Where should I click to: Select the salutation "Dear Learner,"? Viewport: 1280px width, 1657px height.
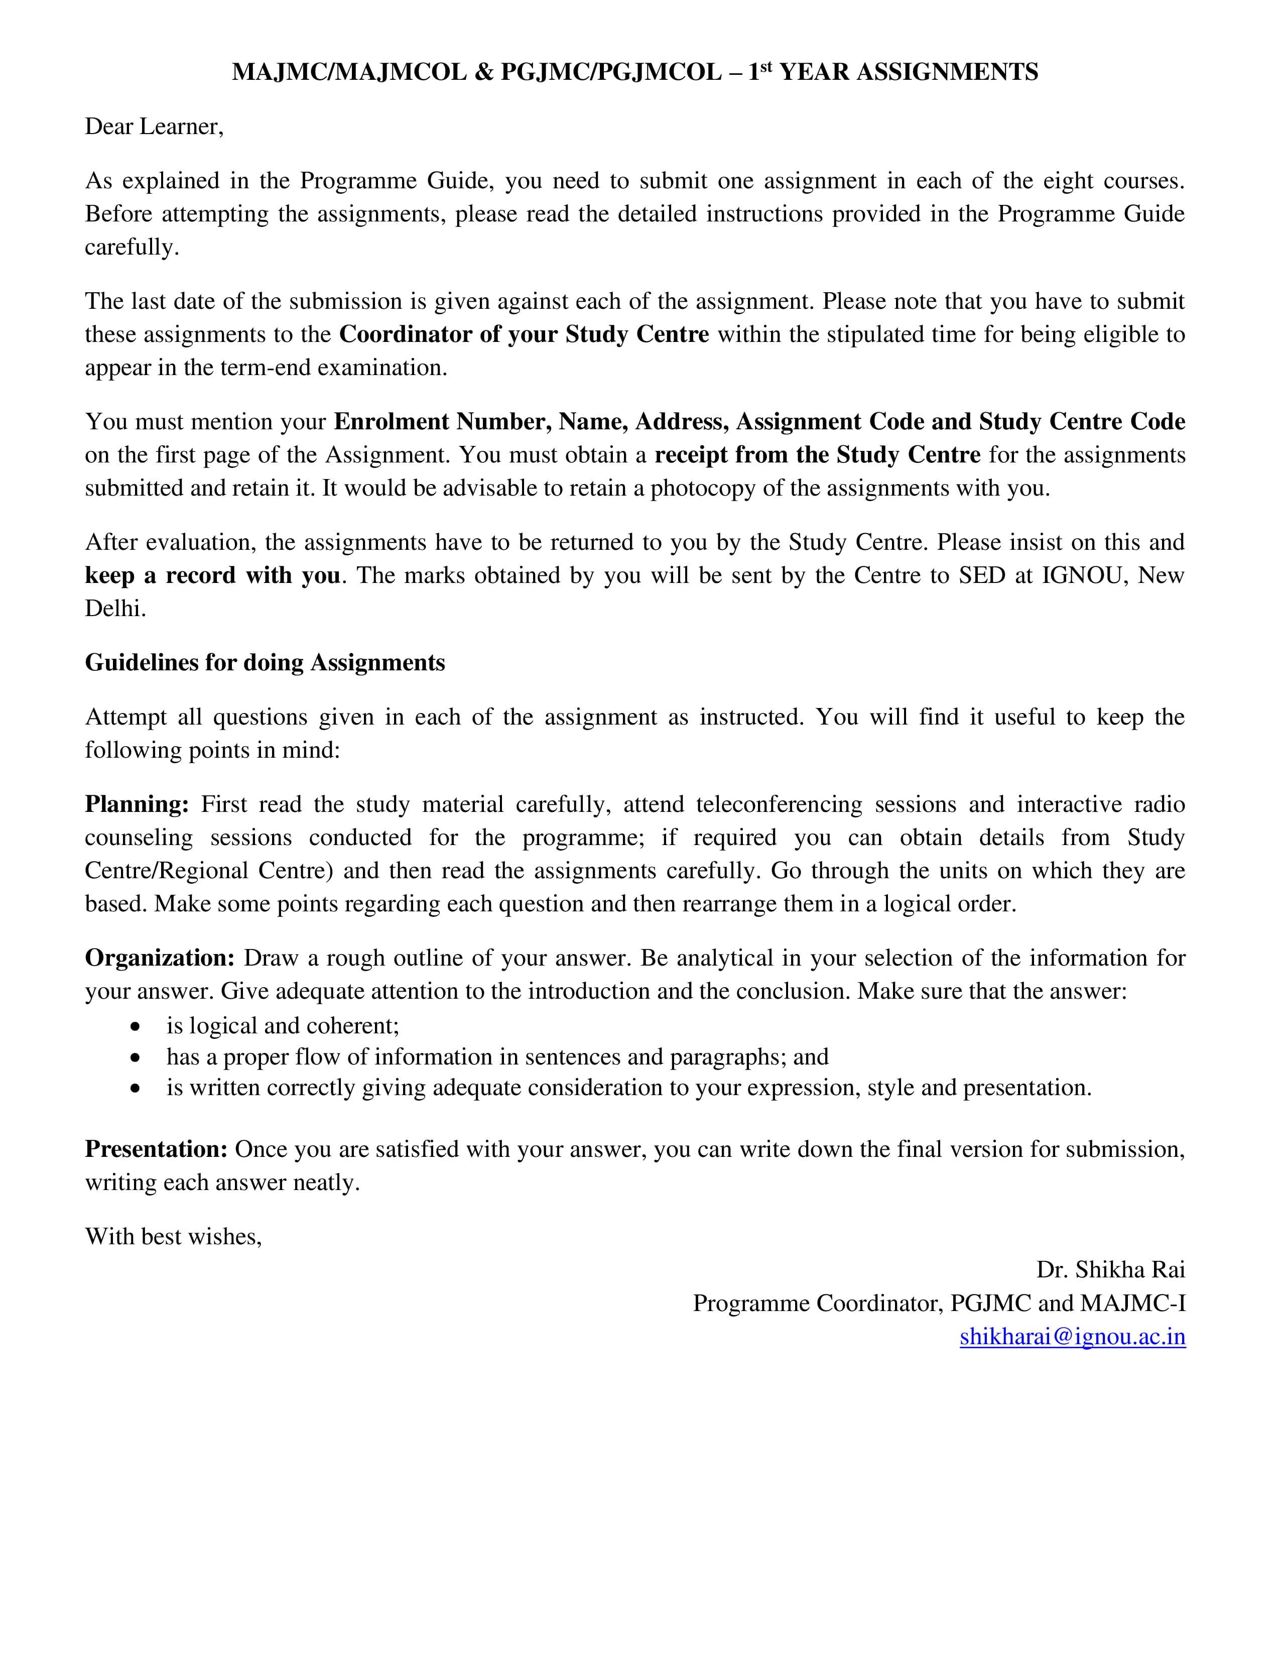(154, 127)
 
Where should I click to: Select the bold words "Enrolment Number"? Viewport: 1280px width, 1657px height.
(443, 422)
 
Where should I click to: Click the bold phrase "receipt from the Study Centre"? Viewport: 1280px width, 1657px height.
(817, 455)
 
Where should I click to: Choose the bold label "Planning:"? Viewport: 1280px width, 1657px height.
(137, 804)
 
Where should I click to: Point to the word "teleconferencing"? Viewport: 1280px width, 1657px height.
(779, 804)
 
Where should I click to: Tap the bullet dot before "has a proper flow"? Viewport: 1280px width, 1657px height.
(135, 1057)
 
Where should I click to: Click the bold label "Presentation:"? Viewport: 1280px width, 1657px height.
(156, 1149)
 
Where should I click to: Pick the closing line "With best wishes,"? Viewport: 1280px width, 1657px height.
(173, 1237)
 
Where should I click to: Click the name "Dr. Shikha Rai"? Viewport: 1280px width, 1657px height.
(1110, 1270)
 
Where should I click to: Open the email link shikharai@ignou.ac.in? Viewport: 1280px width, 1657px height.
(1072, 1337)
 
